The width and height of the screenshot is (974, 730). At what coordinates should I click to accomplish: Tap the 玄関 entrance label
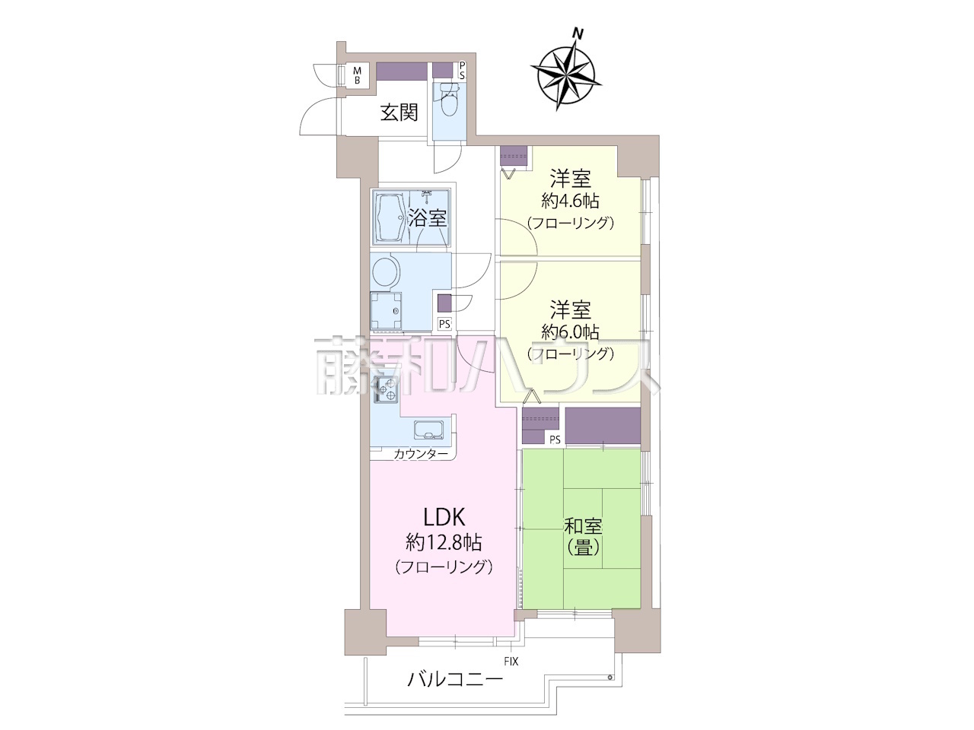point(399,113)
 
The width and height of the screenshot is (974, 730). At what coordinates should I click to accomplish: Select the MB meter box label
point(357,75)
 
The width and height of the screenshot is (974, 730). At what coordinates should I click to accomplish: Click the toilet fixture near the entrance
point(450,100)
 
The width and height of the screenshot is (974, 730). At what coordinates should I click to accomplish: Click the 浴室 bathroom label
point(427,218)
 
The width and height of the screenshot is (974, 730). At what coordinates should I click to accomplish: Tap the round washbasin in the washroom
point(386,271)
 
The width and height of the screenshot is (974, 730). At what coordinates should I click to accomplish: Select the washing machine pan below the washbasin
point(386,311)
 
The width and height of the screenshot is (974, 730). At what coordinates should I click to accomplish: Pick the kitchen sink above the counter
point(428,429)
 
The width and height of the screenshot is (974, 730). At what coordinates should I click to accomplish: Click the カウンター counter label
point(421,453)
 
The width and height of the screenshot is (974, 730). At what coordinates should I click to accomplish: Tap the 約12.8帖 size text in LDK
point(444,542)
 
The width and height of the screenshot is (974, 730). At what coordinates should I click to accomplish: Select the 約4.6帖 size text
point(570,201)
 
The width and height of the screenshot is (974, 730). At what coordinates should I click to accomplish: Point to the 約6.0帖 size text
point(570,331)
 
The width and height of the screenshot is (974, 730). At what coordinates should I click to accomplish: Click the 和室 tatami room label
point(583,526)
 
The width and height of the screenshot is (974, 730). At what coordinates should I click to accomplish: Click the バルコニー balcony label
point(455,691)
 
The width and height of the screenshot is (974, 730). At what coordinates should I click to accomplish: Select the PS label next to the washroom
point(444,324)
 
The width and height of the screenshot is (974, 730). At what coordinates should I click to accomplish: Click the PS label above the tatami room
point(555,440)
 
